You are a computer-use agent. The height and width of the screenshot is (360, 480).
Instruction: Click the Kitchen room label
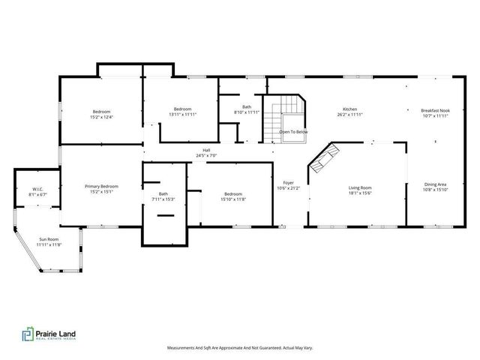(350, 109)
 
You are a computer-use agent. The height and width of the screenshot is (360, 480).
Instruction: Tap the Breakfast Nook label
(435, 109)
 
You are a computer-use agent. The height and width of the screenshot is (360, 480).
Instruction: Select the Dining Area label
(435, 184)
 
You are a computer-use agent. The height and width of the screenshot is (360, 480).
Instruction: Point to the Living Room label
(360, 187)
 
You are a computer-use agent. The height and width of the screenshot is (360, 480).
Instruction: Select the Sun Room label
(49, 239)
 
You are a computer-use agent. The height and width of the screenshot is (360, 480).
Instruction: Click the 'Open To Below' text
(293, 132)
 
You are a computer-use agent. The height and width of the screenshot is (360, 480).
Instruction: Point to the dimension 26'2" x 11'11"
(350, 115)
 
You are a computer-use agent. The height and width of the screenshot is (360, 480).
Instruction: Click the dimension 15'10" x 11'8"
(232, 199)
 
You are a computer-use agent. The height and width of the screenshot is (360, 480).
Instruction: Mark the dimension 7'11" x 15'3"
(163, 199)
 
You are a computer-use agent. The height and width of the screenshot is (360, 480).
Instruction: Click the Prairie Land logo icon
(27, 334)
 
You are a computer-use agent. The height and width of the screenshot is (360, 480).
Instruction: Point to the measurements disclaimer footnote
(239, 348)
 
